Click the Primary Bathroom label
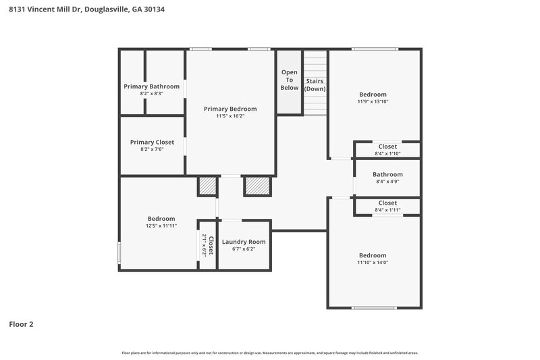point(151,86)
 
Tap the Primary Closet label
point(152,143)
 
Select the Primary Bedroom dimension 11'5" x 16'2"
point(230,116)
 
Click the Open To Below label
point(289,80)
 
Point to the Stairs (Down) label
point(315,85)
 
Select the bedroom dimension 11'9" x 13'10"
point(373,101)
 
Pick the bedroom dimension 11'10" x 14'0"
point(373,262)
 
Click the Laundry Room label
point(244,242)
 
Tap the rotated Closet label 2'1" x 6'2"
point(207,245)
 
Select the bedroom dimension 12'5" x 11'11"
point(161,226)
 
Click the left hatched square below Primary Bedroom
point(207,186)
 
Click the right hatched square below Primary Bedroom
point(256,186)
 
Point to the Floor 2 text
point(21,324)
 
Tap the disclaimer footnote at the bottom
point(269,353)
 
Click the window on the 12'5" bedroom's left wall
point(119,253)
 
